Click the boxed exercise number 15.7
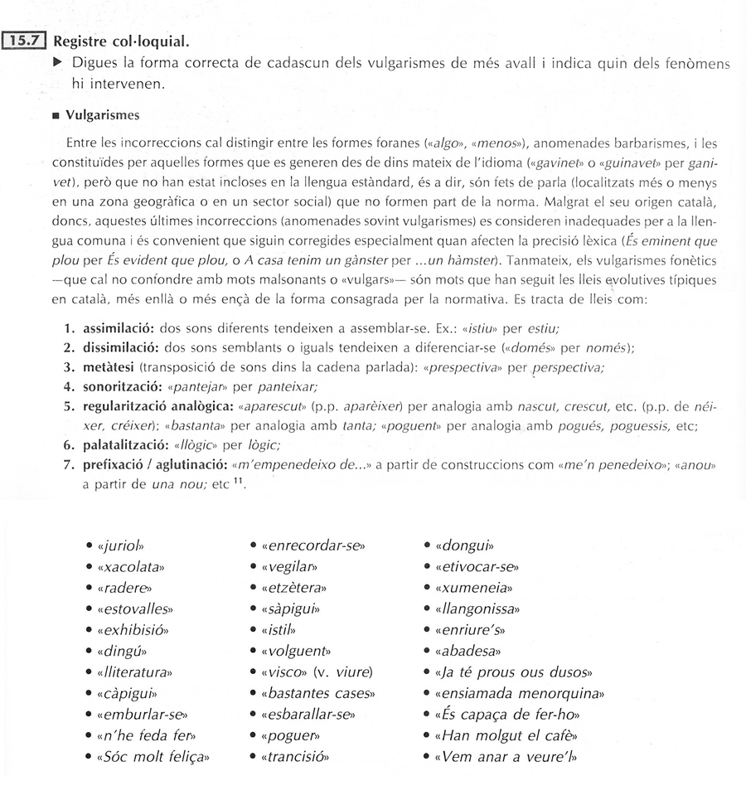(26, 40)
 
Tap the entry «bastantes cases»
(317, 692)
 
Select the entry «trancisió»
(295, 756)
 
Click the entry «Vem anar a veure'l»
(506, 756)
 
